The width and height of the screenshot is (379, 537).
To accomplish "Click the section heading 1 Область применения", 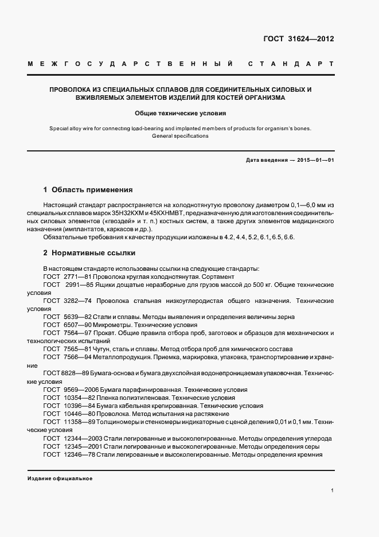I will tap(88, 189).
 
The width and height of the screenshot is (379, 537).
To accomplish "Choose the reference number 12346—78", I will tap(75, 454).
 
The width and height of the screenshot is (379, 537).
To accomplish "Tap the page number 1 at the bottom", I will tap(333, 491).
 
